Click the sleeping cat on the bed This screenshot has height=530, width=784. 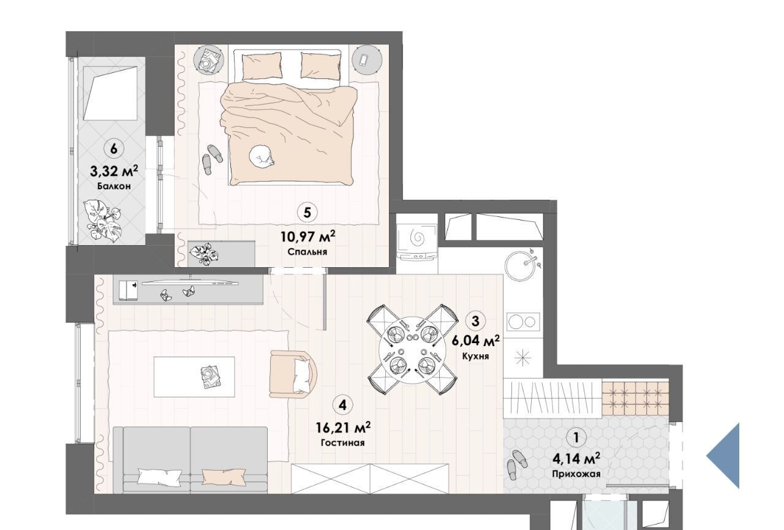(x=262, y=156)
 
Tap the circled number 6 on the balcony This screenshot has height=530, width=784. (x=114, y=149)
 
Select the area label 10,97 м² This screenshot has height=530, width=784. (x=307, y=237)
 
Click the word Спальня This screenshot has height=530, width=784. (x=307, y=252)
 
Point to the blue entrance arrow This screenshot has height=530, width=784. (x=723, y=456)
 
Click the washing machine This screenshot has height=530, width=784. (x=417, y=241)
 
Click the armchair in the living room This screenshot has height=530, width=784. (x=293, y=374)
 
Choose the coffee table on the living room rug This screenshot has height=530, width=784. (x=194, y=377)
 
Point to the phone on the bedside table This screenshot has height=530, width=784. (x=363, y=61)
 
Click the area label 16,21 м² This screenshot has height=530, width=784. (x=343, y=428)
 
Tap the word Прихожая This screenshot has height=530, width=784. (x=576, y=474)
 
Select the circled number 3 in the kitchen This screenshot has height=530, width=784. (x=475, y=321)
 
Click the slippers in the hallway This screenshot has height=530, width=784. (x=517, y=464)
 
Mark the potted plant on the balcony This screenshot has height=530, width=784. (x=103, y=221)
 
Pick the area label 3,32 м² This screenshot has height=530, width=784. (x=114, y=172)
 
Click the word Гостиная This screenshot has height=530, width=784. (x=342, y=443)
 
